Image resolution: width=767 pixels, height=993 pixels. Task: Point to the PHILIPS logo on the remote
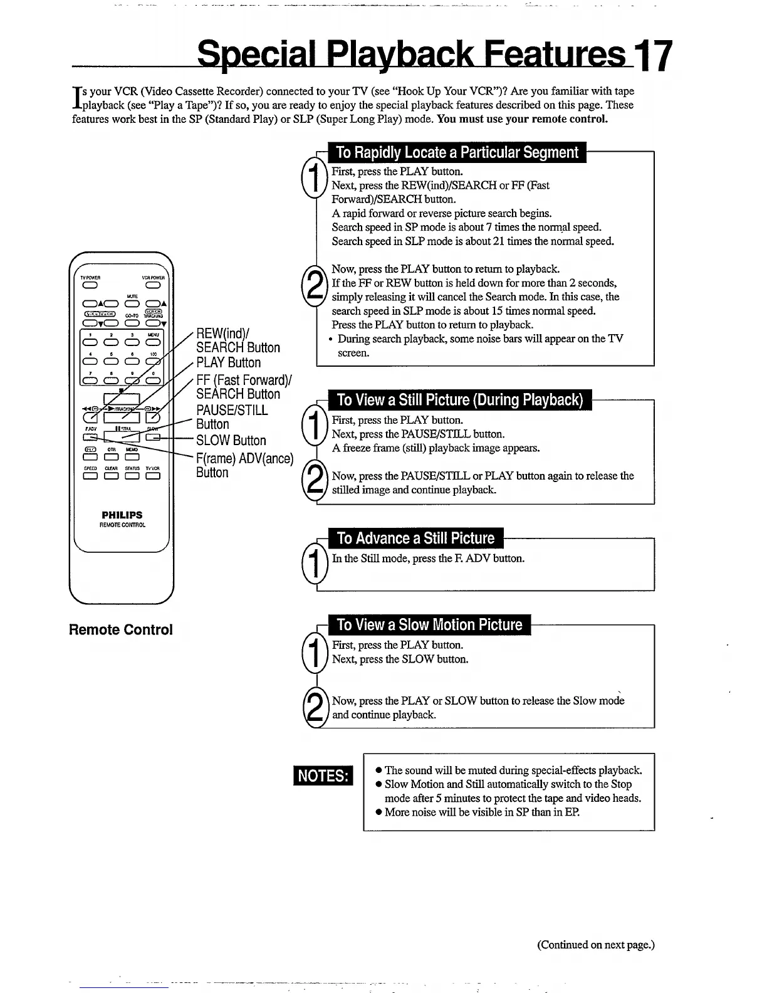click(x=122, y=515)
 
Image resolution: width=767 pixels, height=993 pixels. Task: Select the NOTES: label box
click(x=323, y=775)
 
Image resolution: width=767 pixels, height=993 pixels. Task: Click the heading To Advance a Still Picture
click(x=415, y=538)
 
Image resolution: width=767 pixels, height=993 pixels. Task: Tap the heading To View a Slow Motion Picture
click(x=429, y=624)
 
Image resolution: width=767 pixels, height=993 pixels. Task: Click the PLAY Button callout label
click(x=228, y=362)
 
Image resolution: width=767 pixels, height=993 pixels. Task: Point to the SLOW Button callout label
click(x=231, y=440)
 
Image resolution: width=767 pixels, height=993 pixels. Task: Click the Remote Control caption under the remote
click(x=120, y=629)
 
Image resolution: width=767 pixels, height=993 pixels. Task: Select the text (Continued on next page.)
click(x=595, y=944)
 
